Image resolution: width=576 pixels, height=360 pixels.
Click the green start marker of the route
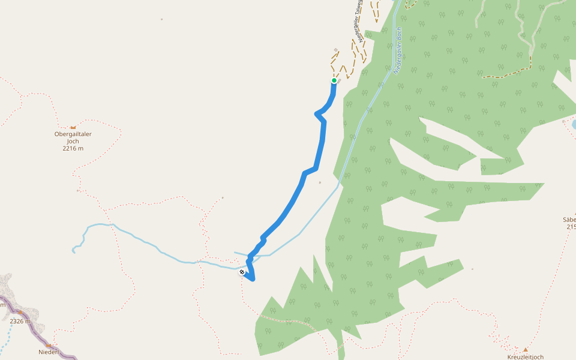coord(334,80)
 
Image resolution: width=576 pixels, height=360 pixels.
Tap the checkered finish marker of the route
coord(242,272)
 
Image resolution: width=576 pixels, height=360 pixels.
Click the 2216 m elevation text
coord(73,148)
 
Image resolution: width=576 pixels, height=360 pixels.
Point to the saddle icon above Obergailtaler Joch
coord(73,127)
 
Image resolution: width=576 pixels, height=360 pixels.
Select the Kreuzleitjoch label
coord(525,357)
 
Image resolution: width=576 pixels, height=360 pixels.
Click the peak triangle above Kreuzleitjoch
coord(526,349)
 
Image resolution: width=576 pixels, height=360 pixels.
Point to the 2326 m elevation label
coord(20,321)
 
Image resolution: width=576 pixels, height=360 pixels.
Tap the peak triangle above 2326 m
coord(20,313)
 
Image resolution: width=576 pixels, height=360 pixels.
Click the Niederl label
coord(49,352)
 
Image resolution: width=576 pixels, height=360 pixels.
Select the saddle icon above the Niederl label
coord(49,345)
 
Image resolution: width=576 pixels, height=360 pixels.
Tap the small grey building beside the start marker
coord(339,79)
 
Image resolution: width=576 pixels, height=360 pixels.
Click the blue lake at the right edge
coord(574,124)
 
